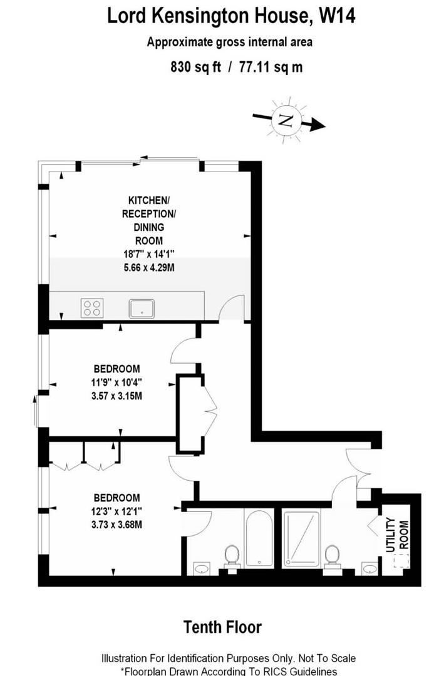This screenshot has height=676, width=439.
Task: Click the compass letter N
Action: coord(285,120)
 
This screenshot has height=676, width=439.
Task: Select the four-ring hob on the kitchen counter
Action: coord(91,307)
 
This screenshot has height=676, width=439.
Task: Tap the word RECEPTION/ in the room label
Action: coord(149,213)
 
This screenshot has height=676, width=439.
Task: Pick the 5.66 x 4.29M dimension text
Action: coord(149,267)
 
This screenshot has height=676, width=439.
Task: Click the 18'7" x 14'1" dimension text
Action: coord(149,253)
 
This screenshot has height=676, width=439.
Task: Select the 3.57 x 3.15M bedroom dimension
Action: coord(117,395)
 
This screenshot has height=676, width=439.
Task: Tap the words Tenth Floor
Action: coord(222,627)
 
